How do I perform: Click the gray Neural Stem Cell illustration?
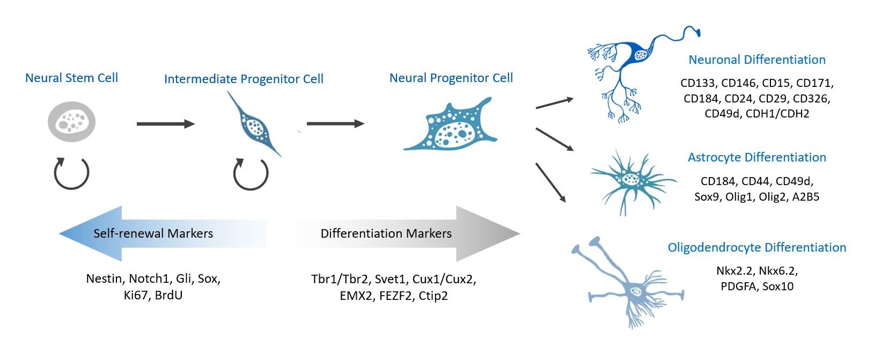(x=71, y=122)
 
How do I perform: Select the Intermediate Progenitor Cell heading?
(x=244, y=79)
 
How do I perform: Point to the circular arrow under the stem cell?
(x=71, y=173)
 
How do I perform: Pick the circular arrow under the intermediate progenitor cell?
(x=251, y=173)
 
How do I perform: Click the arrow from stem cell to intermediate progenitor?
(x=165, y=124)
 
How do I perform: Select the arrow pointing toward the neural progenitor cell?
(x=335, y=124)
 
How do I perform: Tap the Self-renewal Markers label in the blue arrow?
(x=153, y=233)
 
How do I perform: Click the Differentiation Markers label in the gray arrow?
(x=386, y=233)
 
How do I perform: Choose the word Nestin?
(x=104, y=279)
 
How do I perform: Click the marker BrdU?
(x=168, y=296)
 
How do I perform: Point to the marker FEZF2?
(x=396, y=296)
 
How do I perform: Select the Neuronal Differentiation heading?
(x=757, y=60)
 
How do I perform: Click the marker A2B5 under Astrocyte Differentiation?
(x=806, y=196)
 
